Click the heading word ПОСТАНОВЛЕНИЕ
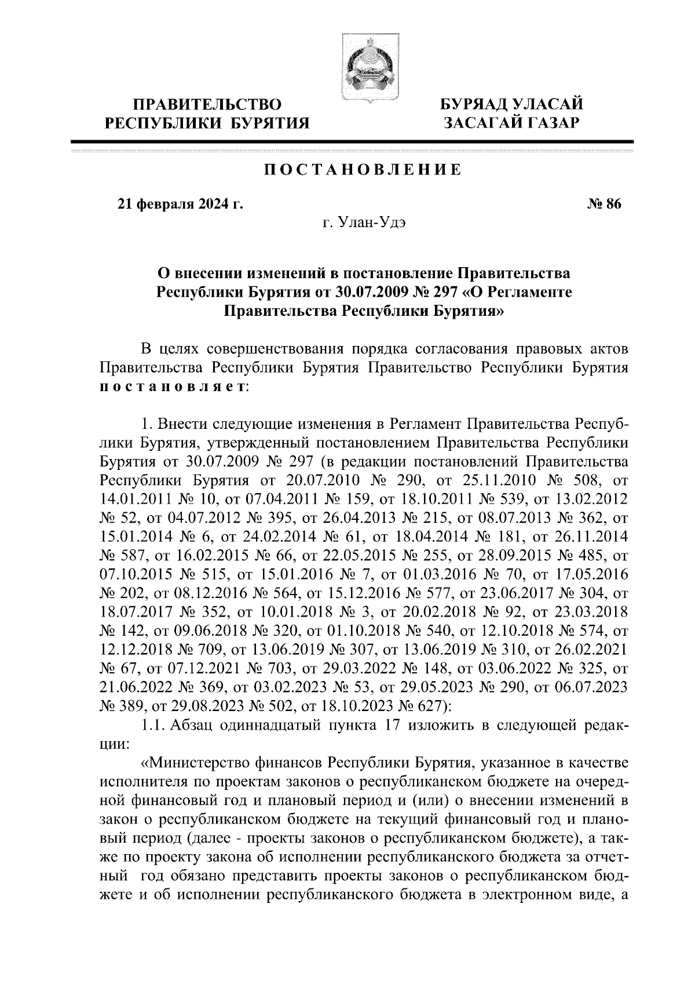(363, 170)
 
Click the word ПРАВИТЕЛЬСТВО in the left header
(208, 105)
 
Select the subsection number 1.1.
(153, 724)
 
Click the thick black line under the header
(352, 142)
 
